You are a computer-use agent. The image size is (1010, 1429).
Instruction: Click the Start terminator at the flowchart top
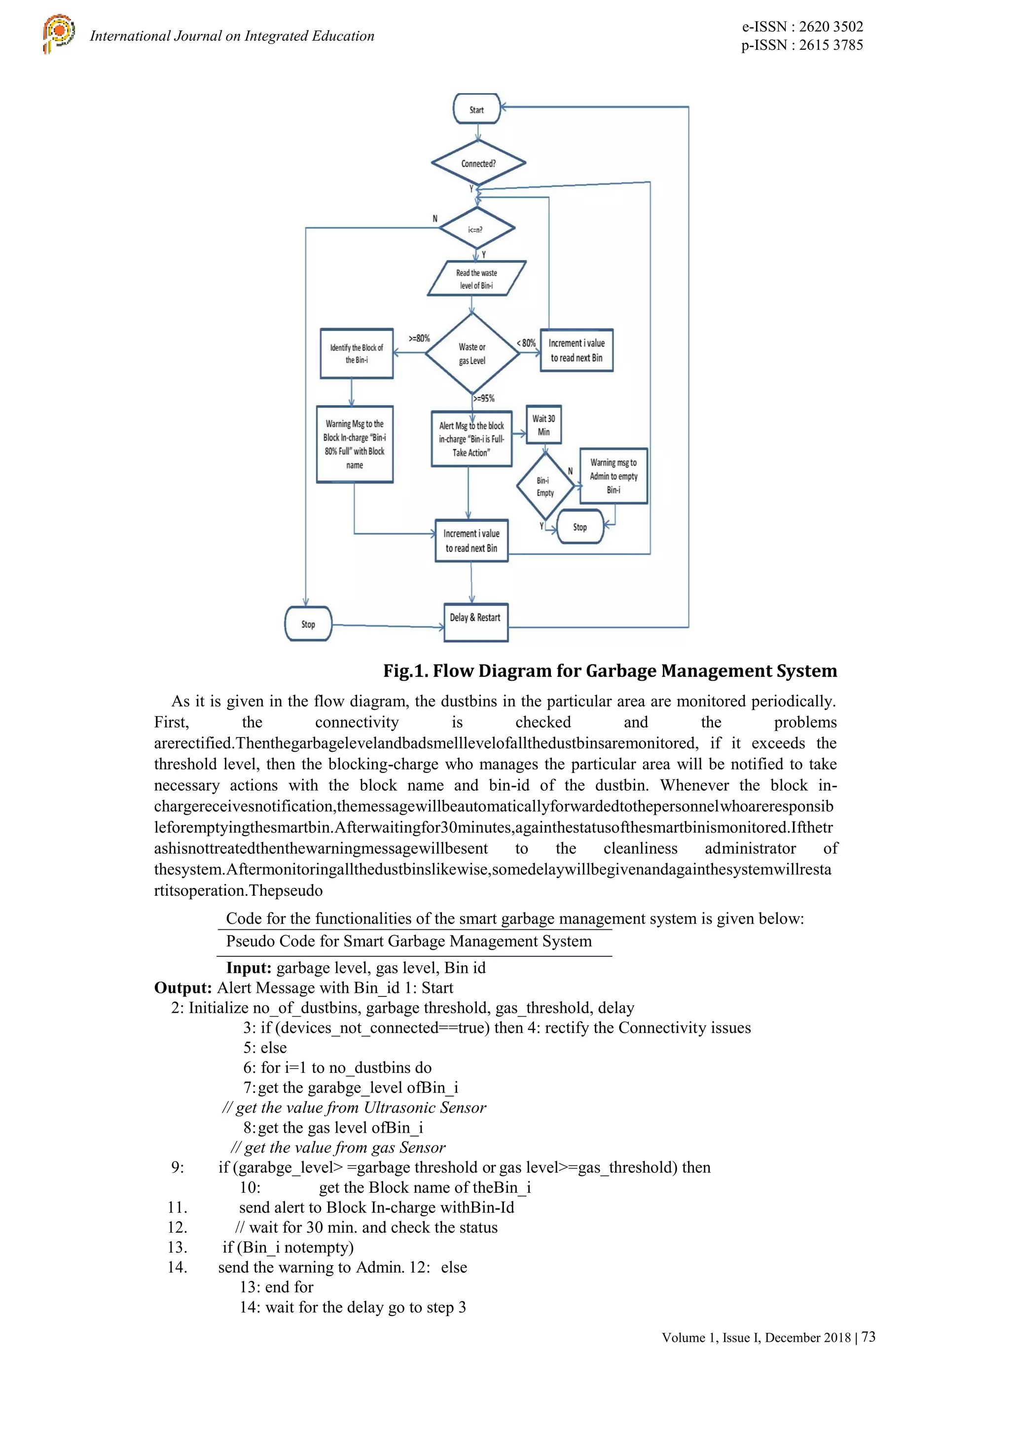pyautogui.click(x=477, y=110)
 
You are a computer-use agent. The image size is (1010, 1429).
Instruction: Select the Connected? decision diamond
pyautogui.click(x=478, y=164)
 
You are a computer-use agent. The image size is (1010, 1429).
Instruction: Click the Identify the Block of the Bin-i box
pyautogui.click(x=357, y=354)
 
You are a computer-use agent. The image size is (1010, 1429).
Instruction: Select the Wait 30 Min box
pyautogui.click(x=543, y=425)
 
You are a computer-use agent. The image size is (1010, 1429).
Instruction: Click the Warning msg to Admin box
pyautogui.click(x=613, y=476)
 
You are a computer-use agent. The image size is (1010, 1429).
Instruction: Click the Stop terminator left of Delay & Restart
pyautogui.click(x=308, y=623)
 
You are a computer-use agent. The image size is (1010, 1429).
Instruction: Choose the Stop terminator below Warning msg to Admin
pyautogui.click(x=580, y=526)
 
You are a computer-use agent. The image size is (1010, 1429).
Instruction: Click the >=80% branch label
pyautogui.click(x=419, y=338)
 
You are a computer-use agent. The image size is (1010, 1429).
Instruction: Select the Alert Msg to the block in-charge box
pyautogui.click(x=471, y=439)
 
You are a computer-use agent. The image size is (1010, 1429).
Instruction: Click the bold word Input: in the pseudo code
pyautogui.click(x=248, y=968)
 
